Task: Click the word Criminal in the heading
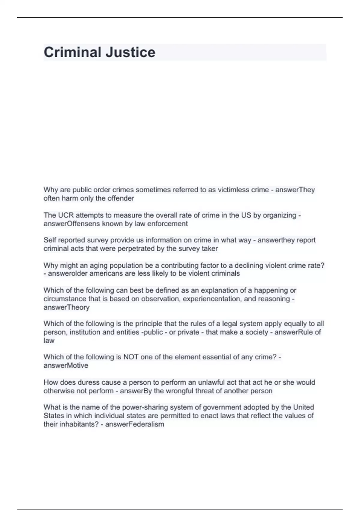70,52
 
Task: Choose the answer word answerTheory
67,307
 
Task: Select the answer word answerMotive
66,366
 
